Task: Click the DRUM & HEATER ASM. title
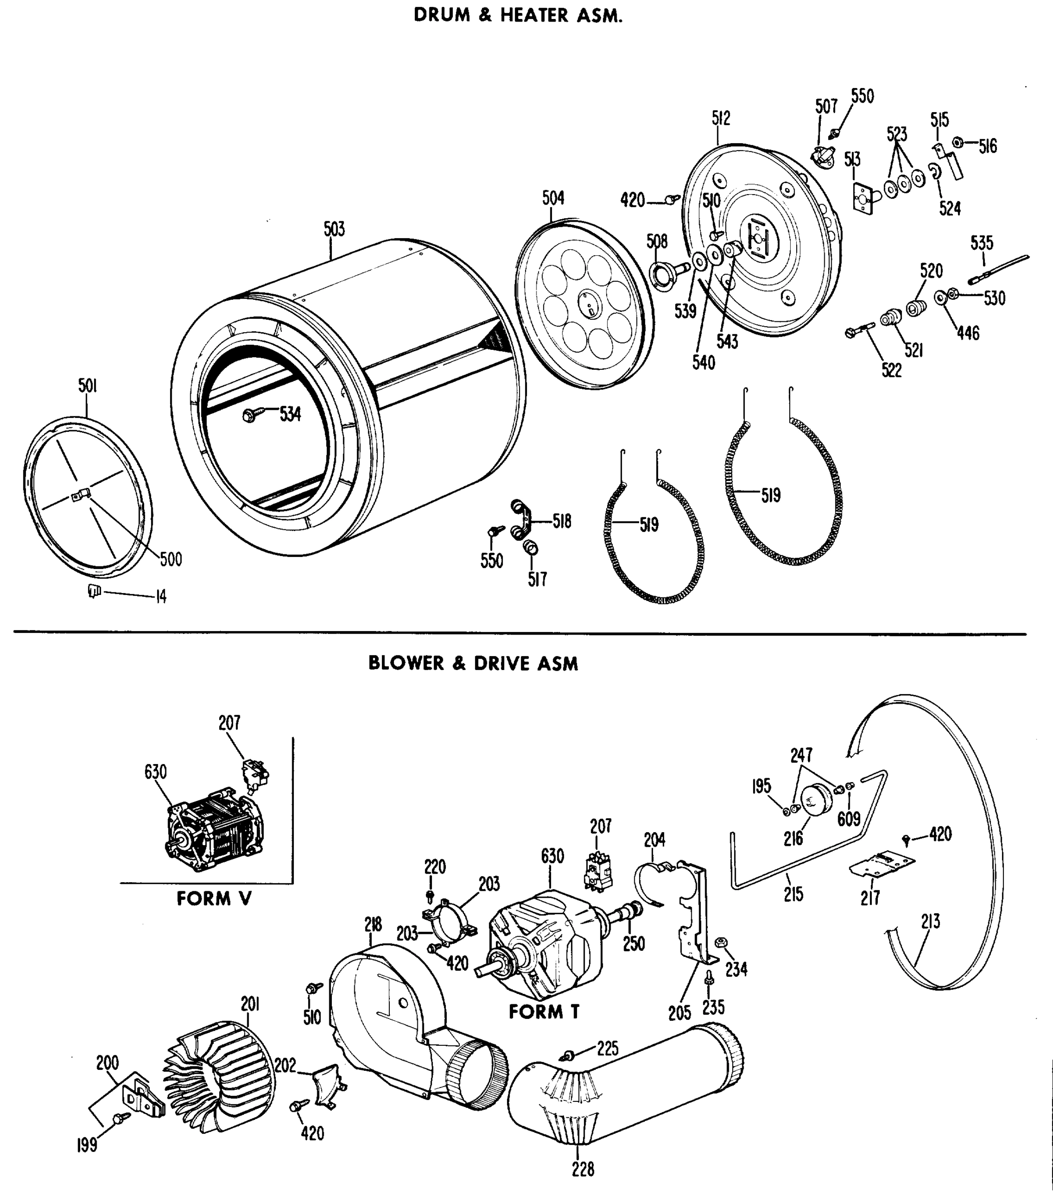point(517,16)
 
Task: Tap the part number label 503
point(334,229)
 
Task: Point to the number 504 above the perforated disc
point(553,198)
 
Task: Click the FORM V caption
point(214,899)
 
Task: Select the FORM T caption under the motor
point(544,1012)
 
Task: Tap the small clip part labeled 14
point(94,590)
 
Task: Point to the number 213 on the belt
point(930,921)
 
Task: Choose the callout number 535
point(981,243)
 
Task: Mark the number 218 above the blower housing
point(372,925)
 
